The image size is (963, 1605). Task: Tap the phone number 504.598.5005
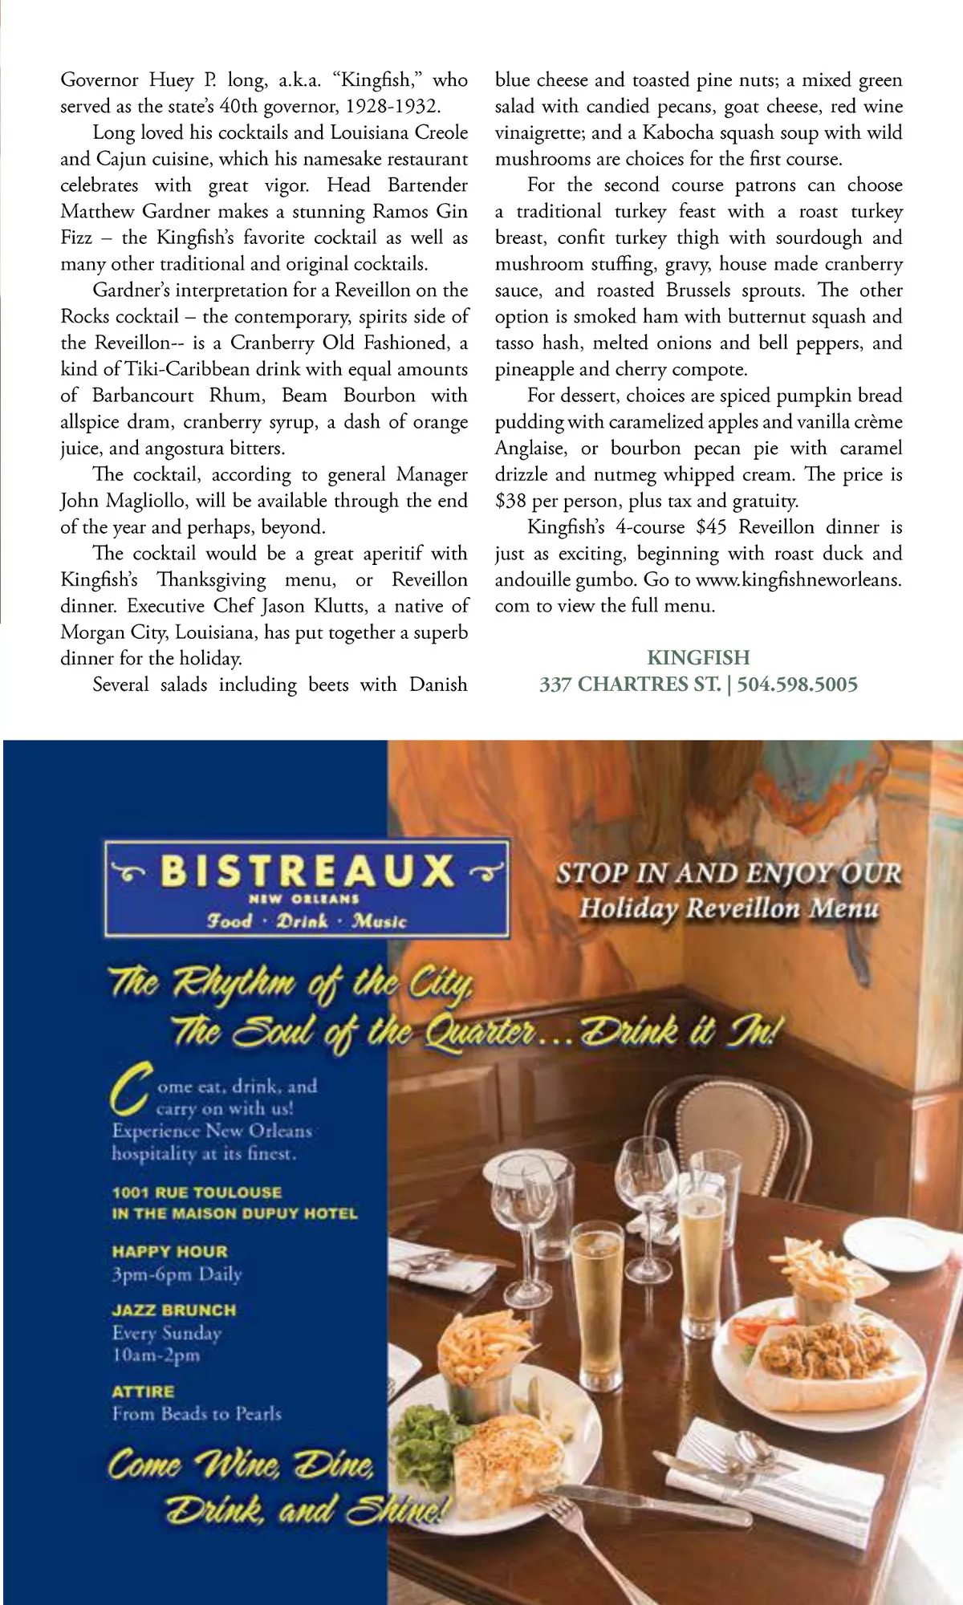(x=797, y=685)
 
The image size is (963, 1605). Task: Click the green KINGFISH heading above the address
(x=698, y=657)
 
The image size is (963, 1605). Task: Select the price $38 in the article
(x=511, y=502)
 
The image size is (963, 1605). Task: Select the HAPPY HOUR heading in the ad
(x=169, y=1251)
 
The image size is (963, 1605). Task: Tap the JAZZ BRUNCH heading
(x=174, y=1310)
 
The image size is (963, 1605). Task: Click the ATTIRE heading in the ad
(x=143, y=1392)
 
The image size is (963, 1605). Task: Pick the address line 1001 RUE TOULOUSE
(x=197, y=1192)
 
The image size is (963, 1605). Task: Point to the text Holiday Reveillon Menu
(x=729, y=908)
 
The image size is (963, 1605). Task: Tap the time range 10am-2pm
(x=156, y=1355)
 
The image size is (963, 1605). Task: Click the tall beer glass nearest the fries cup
(x=596, y=1300)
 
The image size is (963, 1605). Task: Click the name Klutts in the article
(x=338, y=606)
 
